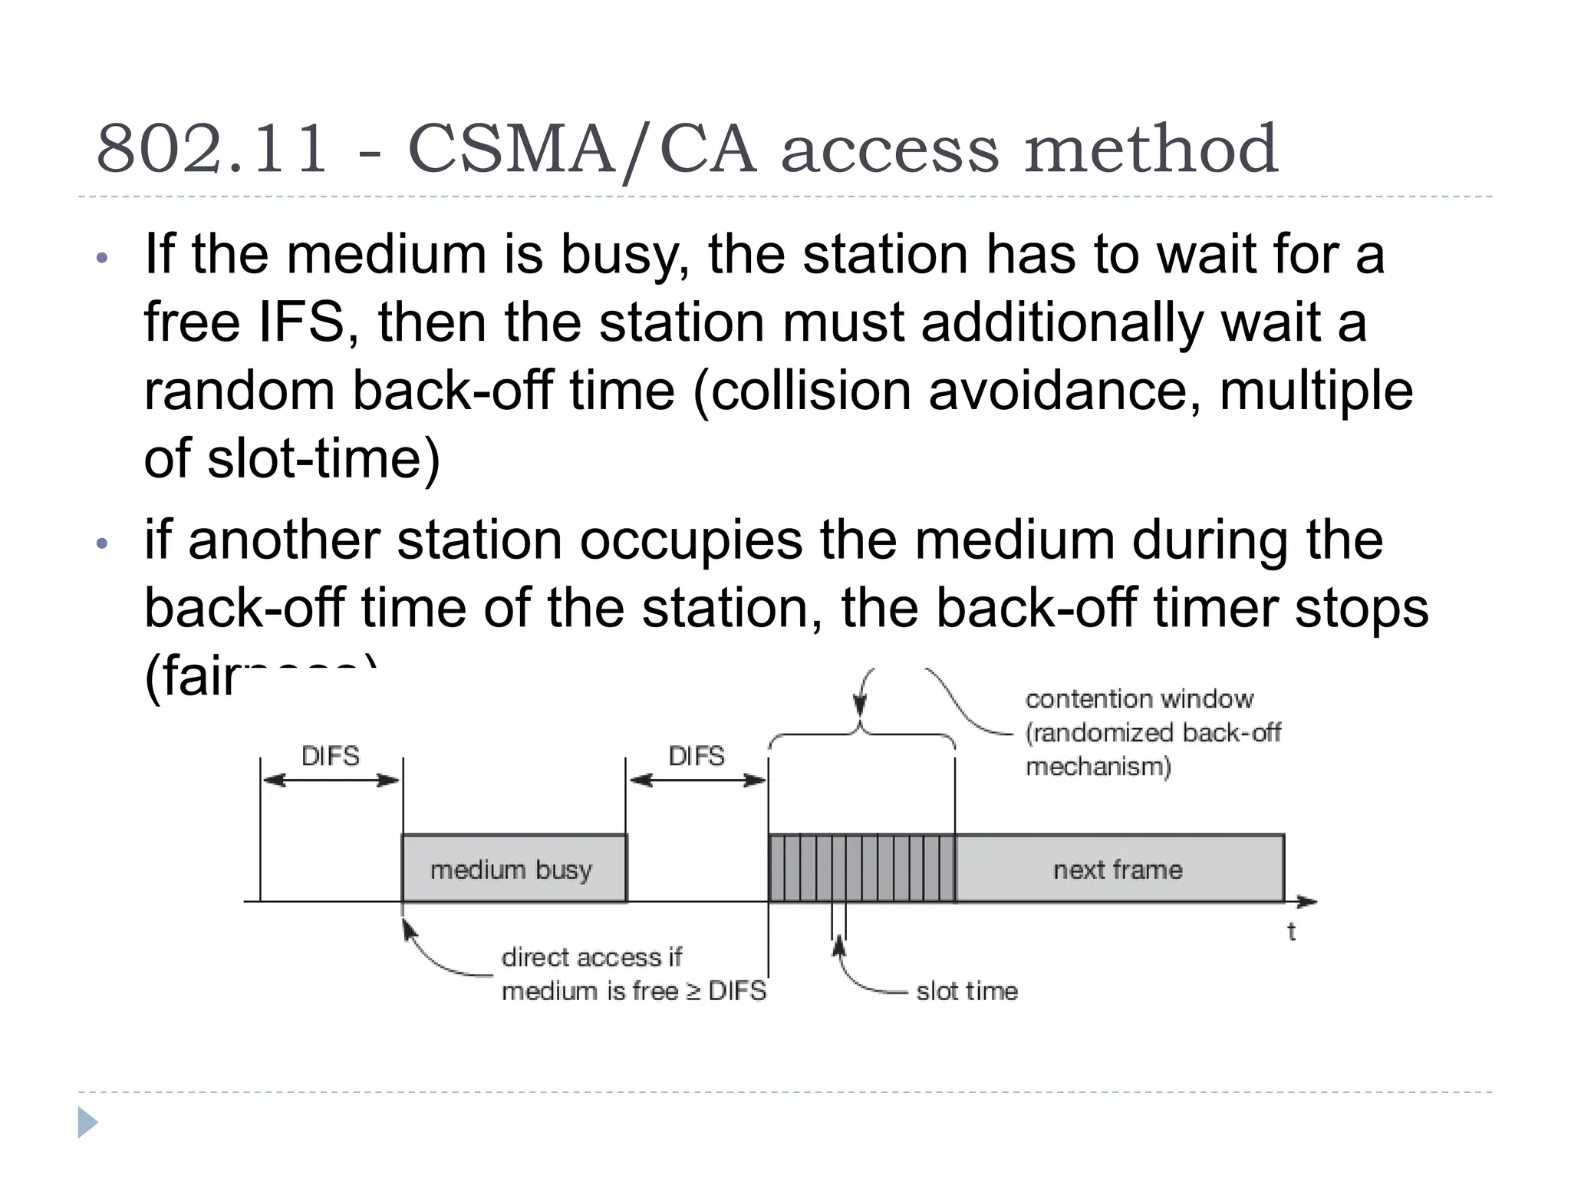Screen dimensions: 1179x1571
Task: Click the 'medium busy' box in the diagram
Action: [512, 869]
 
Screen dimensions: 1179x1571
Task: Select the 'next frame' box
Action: [1118, 869]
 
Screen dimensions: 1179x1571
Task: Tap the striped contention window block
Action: [861, 869]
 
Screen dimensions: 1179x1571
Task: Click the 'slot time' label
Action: [967, 991]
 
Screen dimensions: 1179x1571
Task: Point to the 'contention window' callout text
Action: [1139, 699]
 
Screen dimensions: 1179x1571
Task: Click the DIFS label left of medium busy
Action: [331, 756]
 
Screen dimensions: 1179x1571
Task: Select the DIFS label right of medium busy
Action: [697, 756]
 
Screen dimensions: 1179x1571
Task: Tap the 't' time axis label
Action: [1292, 932]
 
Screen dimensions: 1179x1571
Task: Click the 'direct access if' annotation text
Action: [591, 957]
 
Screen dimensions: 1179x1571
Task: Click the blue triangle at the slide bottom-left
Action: [87, 1123]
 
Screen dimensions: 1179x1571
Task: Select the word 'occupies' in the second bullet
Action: [690, 540]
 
